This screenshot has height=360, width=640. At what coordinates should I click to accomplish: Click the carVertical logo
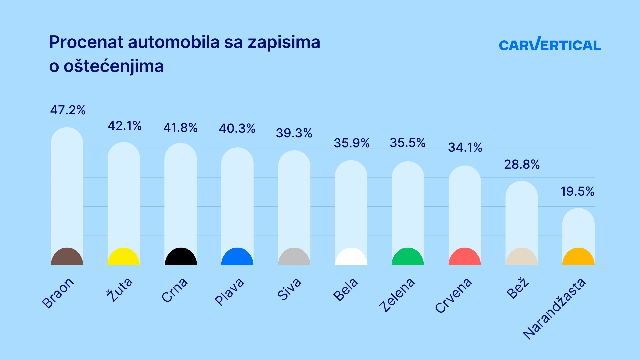point(549,45)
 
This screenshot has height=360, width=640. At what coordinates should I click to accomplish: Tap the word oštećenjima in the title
point(113,66)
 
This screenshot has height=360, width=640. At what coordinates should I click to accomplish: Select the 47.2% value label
point(68,110)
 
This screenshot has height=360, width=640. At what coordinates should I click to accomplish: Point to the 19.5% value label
point(577,191)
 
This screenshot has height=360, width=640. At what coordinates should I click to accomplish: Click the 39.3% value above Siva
point(294,133)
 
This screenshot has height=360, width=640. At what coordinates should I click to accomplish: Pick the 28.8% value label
point(521,164)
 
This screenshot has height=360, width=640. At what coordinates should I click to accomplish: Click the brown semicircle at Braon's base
point(67,257)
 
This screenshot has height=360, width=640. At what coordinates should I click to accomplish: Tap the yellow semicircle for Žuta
point(123,257)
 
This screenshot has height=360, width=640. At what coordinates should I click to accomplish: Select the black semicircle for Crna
point(181,257)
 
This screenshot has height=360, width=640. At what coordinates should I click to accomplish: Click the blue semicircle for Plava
point(237,257)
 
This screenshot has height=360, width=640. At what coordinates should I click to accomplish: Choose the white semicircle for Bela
point(351,257)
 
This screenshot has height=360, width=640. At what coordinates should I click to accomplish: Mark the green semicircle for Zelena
point(408,257)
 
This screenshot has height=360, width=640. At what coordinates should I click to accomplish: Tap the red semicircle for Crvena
point(465,257)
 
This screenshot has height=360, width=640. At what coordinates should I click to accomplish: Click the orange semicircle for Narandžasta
point(578,257)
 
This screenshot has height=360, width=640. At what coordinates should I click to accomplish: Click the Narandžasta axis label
point(554,309)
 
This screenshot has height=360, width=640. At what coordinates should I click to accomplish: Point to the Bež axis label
point(517,288)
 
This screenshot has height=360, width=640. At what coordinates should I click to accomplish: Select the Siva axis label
point(289,289)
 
